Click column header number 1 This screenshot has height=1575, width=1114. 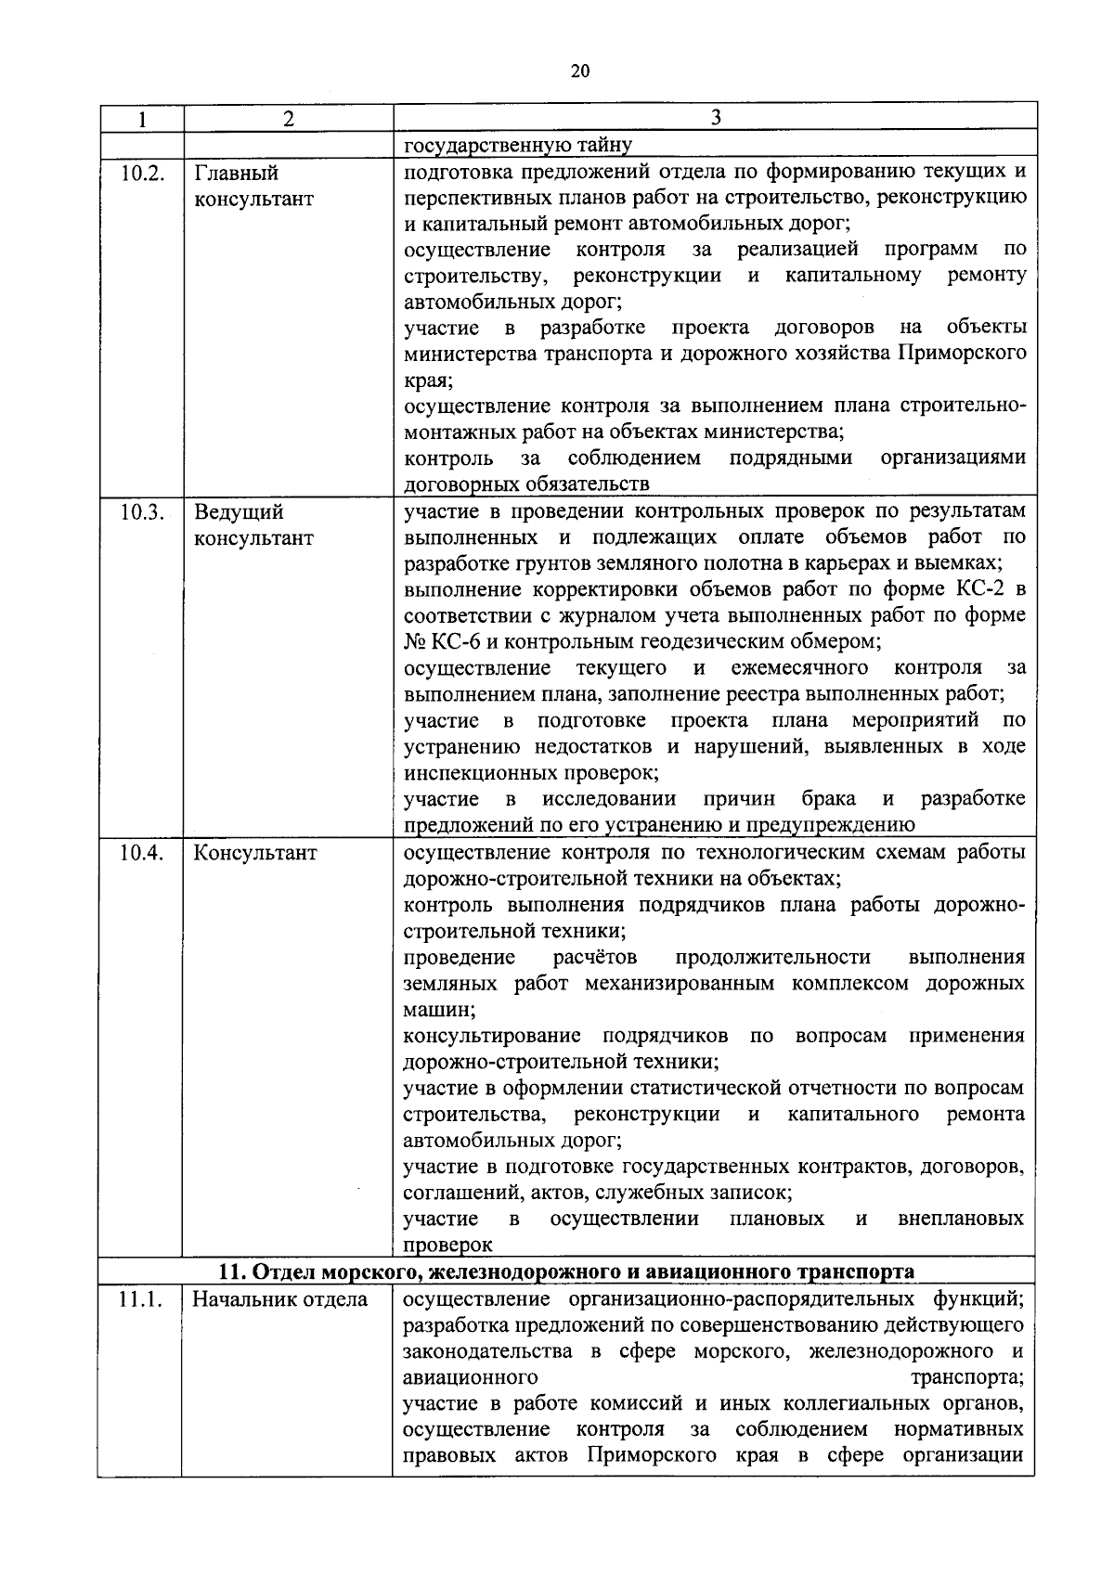tap(142, 119)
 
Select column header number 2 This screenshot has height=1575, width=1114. tap(289, 119)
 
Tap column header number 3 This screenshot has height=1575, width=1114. tap(714, 117)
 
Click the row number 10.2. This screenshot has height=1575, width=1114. tap(142, 174)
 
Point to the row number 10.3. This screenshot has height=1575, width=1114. tap(142, 512)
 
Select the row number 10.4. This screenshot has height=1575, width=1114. tap(142, 853)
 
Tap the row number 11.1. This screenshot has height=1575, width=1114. tap(141, 1299)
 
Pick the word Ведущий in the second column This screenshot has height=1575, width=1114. tap(239, 512)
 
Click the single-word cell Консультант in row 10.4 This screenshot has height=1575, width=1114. tap(254, 853)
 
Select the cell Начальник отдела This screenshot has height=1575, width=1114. tap(279, 1299)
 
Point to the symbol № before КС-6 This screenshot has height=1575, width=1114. tap(414, 641)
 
